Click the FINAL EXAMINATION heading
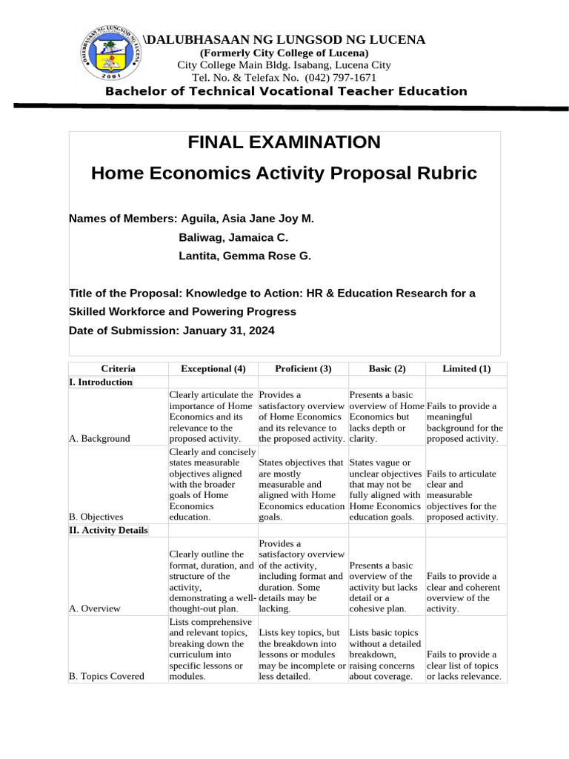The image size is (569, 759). pos(284,142)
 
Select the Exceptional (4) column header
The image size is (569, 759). pos(213,368)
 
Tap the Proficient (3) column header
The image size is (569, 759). pos(303,368)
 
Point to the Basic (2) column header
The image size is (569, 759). pos(387,368)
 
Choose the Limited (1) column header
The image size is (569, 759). pos(466,368)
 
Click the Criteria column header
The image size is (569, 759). pos(118,368)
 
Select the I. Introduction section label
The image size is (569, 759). pos(100,382)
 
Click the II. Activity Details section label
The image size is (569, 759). pos(108,530)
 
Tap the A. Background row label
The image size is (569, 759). pos(99,438)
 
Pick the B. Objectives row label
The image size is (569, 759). pos(96,516)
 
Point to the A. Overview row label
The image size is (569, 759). pos(94,609)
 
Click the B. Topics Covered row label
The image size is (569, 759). pos(106,676)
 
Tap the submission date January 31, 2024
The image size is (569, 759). pos(227,331)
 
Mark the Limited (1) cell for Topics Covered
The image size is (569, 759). pos(465,666)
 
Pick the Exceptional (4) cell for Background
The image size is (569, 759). pos(212,417)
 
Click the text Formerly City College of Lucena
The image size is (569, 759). pos(284,53)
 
